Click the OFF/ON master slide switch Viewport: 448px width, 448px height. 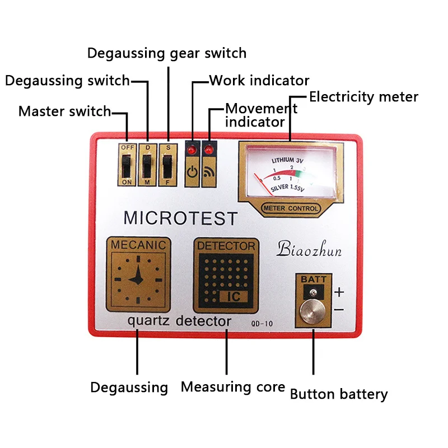tap(127, 166)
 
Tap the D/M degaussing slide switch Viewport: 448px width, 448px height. tap(147, 166)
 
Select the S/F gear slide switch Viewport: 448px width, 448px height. tap(167, 166)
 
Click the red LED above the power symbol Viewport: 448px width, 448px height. tap(192, 150)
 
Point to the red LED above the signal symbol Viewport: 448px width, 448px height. tap(209, 150)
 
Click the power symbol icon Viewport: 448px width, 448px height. tap(192, 172)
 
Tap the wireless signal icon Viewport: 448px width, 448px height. tap(209, 172)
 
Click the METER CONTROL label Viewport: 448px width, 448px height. tap(291, 208)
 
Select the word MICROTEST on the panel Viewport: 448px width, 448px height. tap(180, 218)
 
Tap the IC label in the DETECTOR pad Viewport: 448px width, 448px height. tap(234, 297)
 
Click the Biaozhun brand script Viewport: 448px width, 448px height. tap(309, 249)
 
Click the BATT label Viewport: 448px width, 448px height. tap(314, 279)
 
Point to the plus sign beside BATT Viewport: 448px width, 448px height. tap(339, 292)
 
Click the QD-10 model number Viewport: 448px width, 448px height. tap(262, 324)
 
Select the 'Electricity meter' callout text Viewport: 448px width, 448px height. tap(363, 97)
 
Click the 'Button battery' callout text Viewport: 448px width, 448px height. tap(339, 394)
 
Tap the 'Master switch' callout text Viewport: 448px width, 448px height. tap(65, 111)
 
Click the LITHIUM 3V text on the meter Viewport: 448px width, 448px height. tap(287, 160)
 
